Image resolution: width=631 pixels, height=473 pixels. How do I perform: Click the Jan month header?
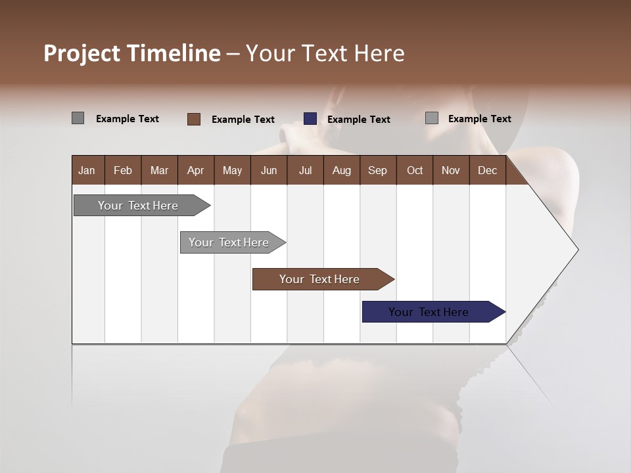(x=87, y=170)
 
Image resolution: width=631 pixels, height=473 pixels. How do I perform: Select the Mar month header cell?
(x=159, y=170)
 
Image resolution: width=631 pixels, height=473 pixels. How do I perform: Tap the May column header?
(x=232, y=170)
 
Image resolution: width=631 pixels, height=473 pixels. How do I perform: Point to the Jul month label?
(x=305, y=170)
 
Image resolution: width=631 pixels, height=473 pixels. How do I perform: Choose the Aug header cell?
(x=341, y=170)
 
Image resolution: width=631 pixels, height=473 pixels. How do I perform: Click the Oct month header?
(x=415, y=170)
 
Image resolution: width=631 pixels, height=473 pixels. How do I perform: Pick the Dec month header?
(x=487, y=170)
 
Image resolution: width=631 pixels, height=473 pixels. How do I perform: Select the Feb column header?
(x=123, y=170)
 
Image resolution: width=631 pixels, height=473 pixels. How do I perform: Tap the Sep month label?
(x=377, y=170)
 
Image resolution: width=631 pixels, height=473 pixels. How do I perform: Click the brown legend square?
(x=194, y=119)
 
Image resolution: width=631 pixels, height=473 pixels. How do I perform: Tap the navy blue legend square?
(x=310, y=119)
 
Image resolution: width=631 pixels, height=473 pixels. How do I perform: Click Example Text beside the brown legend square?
(x=243, y=120)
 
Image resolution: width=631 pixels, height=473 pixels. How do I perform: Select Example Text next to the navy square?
(x=359, y=120)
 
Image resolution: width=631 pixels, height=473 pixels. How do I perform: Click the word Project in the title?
(x=82, y=53)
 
